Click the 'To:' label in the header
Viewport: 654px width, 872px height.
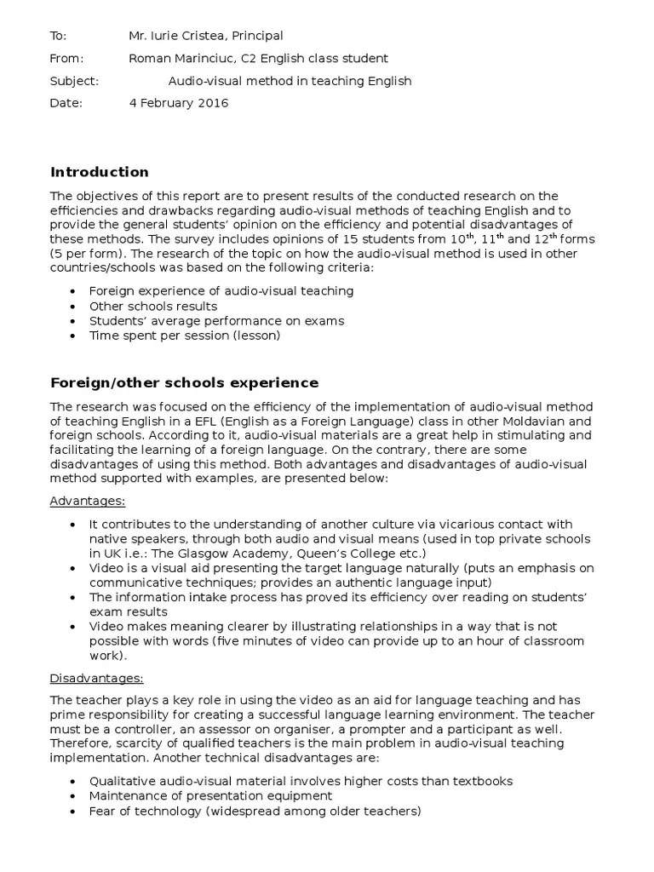58,36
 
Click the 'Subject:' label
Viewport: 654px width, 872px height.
74,81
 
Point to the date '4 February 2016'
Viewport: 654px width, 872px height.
178,104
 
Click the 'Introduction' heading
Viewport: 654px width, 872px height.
100,172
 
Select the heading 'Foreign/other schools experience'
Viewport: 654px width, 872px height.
184,382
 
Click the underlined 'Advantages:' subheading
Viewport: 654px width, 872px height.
88,501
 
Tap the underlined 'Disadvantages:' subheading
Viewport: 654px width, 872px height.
96,678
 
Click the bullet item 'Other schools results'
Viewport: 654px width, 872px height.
153,306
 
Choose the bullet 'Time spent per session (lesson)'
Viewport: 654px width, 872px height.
185,336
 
